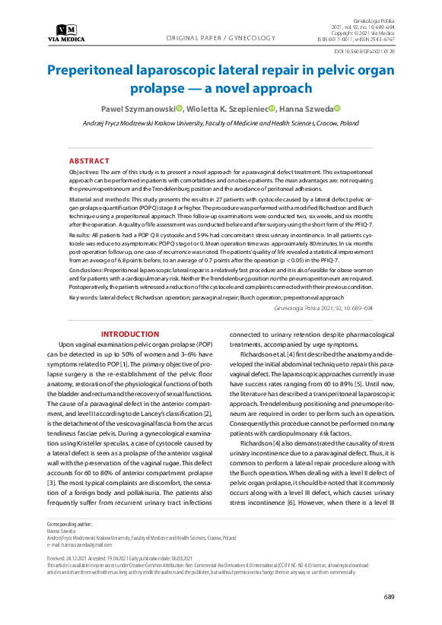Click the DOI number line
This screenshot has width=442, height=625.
click(364, 51)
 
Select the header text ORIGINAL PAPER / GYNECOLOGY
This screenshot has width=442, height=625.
click(221, 37)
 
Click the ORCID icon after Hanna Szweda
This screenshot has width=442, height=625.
click(335, 109)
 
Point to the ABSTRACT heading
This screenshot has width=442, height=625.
click(89, 161)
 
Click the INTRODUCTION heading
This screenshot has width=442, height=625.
click(129, 335)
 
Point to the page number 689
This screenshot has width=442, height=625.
click(388, 596)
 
